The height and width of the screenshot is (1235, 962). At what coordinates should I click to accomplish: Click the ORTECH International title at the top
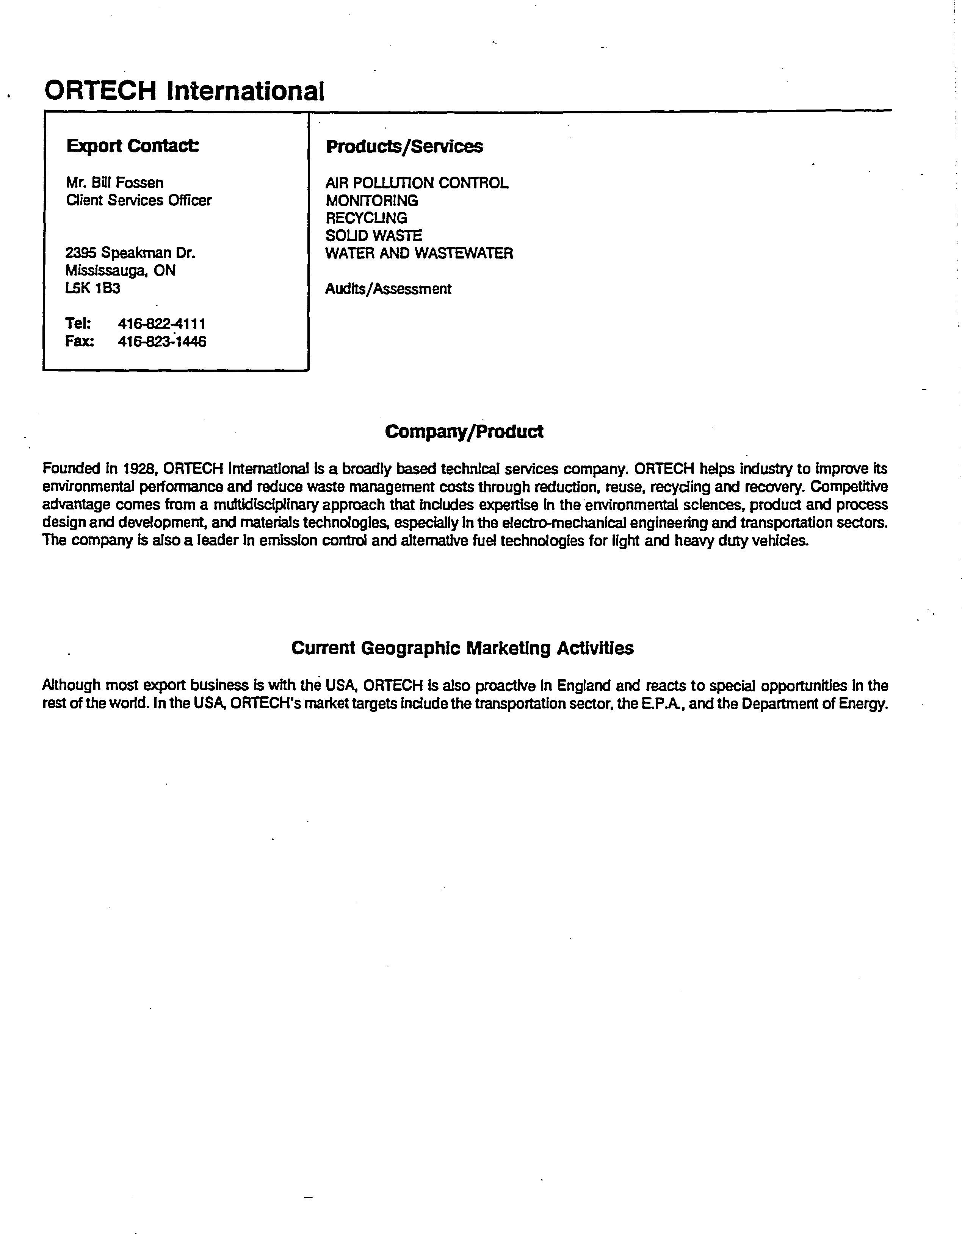(184, 91)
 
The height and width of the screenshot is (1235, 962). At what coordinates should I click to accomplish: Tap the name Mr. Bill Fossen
(115, 183)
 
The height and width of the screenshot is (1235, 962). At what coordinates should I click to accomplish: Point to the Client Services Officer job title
(139, 200)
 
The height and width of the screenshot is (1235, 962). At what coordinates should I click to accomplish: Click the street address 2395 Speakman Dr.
(130, 253)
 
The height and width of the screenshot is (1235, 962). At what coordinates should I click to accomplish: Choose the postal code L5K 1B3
(93, 288)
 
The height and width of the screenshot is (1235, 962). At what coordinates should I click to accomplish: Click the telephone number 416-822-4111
(162, 324)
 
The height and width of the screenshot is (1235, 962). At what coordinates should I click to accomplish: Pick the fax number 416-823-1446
(162, 342)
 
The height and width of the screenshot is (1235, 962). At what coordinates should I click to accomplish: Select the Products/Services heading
(404, 146)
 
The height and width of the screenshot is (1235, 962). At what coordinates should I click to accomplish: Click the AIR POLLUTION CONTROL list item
(417, 183)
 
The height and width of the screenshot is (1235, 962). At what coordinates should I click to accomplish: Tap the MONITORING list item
(371, 201)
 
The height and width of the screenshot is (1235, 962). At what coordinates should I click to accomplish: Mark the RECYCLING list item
(366, 218)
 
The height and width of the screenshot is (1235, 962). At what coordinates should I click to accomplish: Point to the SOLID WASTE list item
(373, 236)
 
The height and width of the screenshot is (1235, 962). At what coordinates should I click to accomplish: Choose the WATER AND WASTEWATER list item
(419, 253)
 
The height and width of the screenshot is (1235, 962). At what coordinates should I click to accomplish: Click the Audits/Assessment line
(388, 289)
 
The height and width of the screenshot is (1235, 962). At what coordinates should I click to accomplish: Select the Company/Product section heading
(464, 431)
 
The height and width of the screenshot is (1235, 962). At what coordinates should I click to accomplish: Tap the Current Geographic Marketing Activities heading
(462, 648)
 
